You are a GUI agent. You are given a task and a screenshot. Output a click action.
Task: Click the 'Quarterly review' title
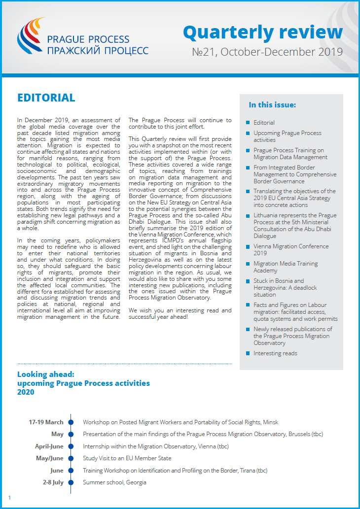point(262,33)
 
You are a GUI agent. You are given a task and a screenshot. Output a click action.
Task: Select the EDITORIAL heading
point(46,98)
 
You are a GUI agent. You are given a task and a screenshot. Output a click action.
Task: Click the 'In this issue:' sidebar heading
point(272,105)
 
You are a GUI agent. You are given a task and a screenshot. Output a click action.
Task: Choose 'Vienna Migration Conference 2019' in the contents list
point(291,250)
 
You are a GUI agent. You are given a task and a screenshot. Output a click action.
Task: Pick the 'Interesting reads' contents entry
point(275,353)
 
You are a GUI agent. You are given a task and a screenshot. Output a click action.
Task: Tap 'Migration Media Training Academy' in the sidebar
point(286,267)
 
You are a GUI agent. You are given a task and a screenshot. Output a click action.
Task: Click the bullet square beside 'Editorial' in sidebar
point(248,123)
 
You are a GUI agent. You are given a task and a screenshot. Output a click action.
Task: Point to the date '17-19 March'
point(46,422)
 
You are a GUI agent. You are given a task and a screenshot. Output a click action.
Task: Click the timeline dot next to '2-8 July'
point(71,482)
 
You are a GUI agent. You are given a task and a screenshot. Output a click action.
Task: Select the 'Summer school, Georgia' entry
point(114,482)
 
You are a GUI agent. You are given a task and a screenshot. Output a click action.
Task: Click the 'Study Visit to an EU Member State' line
point(127,458)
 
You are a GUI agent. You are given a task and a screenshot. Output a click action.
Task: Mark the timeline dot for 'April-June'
point(71,446)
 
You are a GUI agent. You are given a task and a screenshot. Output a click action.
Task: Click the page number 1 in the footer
point(9,498)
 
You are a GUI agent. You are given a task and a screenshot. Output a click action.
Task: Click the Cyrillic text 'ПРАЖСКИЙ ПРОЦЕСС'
point(97,50)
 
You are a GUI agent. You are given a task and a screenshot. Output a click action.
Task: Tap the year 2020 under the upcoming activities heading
point(26,392)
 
